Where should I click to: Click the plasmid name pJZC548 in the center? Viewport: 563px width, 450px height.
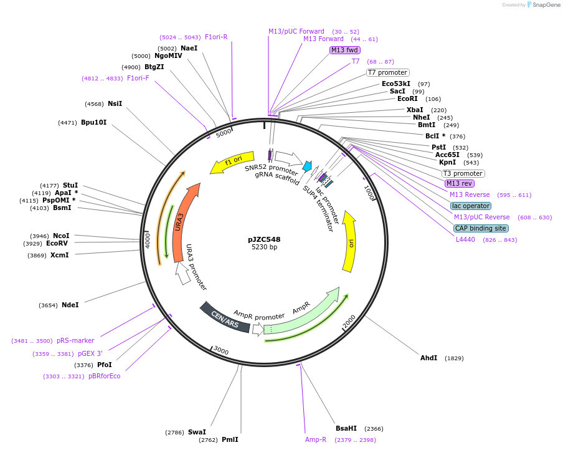[x=264, y=239]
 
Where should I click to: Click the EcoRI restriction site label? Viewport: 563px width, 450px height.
[x=407, y=98]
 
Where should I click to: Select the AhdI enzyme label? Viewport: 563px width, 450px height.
[x=428, y=358]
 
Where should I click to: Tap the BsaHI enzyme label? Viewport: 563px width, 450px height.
[x=346, y=428]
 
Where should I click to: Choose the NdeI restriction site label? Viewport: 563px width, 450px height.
[x=70, y=305]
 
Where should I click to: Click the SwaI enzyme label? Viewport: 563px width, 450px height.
[x=197, y=432]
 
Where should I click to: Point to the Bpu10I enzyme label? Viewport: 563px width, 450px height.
[x=93, y=122]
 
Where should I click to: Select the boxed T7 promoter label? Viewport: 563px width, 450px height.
[x=387, y=72]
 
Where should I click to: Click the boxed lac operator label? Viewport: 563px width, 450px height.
[x=471, y=206]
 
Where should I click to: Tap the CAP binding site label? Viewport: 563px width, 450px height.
[x=480, y=228]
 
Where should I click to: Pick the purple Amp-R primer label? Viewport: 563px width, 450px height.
[x=316, y=439]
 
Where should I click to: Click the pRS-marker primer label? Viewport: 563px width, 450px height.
[x=75, y=340]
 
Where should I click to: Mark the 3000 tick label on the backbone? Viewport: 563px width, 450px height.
[x=221, y=352]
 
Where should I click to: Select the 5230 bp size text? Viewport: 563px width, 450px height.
[x=264, y=247]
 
